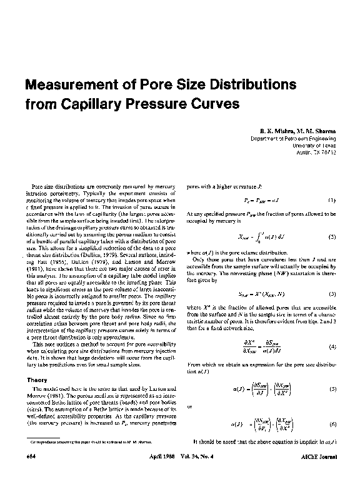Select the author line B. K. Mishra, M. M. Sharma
(x=302, y=131)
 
